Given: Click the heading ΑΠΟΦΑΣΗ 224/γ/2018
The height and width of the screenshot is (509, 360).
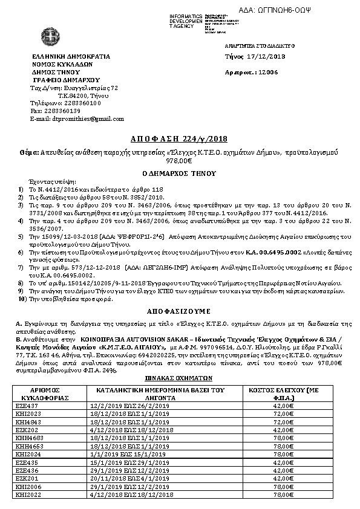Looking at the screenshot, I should pos(182,138).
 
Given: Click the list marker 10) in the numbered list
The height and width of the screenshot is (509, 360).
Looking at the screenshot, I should pos(22,298).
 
